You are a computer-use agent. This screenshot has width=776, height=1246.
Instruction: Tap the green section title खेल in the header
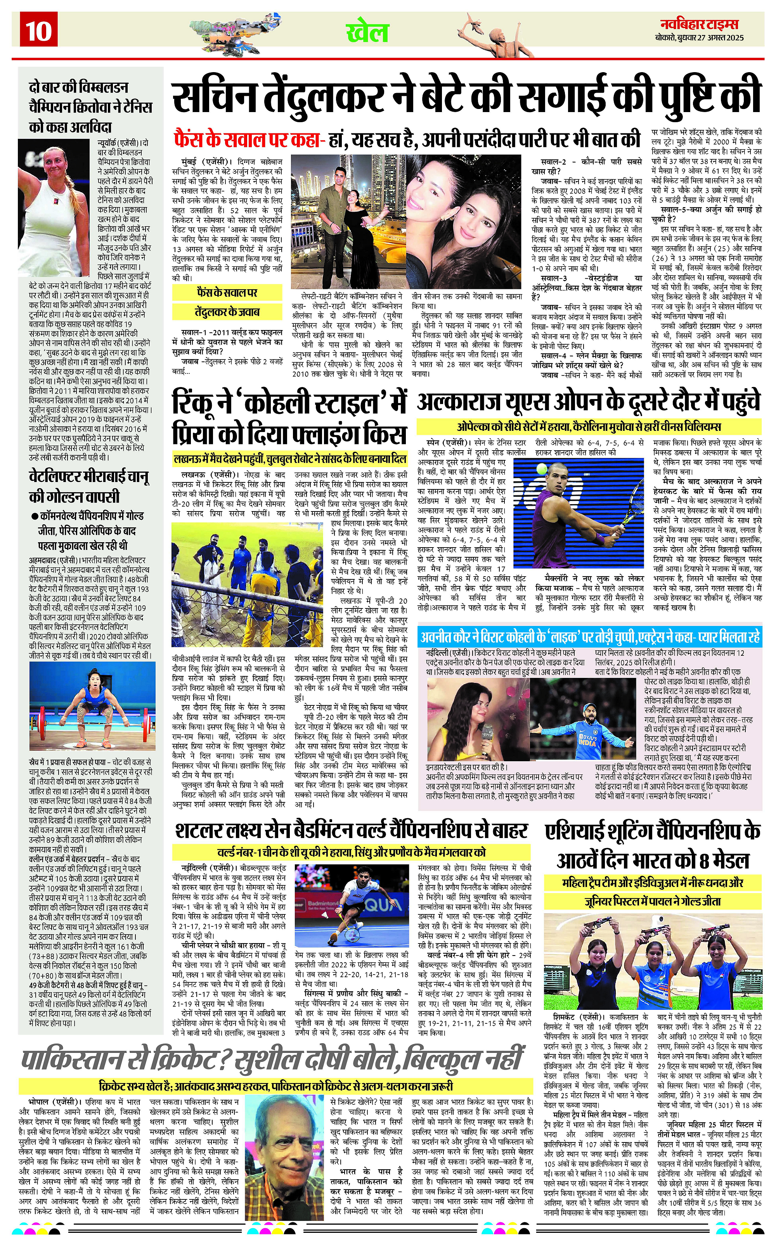tap(367, 33)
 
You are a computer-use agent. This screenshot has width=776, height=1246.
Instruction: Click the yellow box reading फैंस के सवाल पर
tap(227, 293)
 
